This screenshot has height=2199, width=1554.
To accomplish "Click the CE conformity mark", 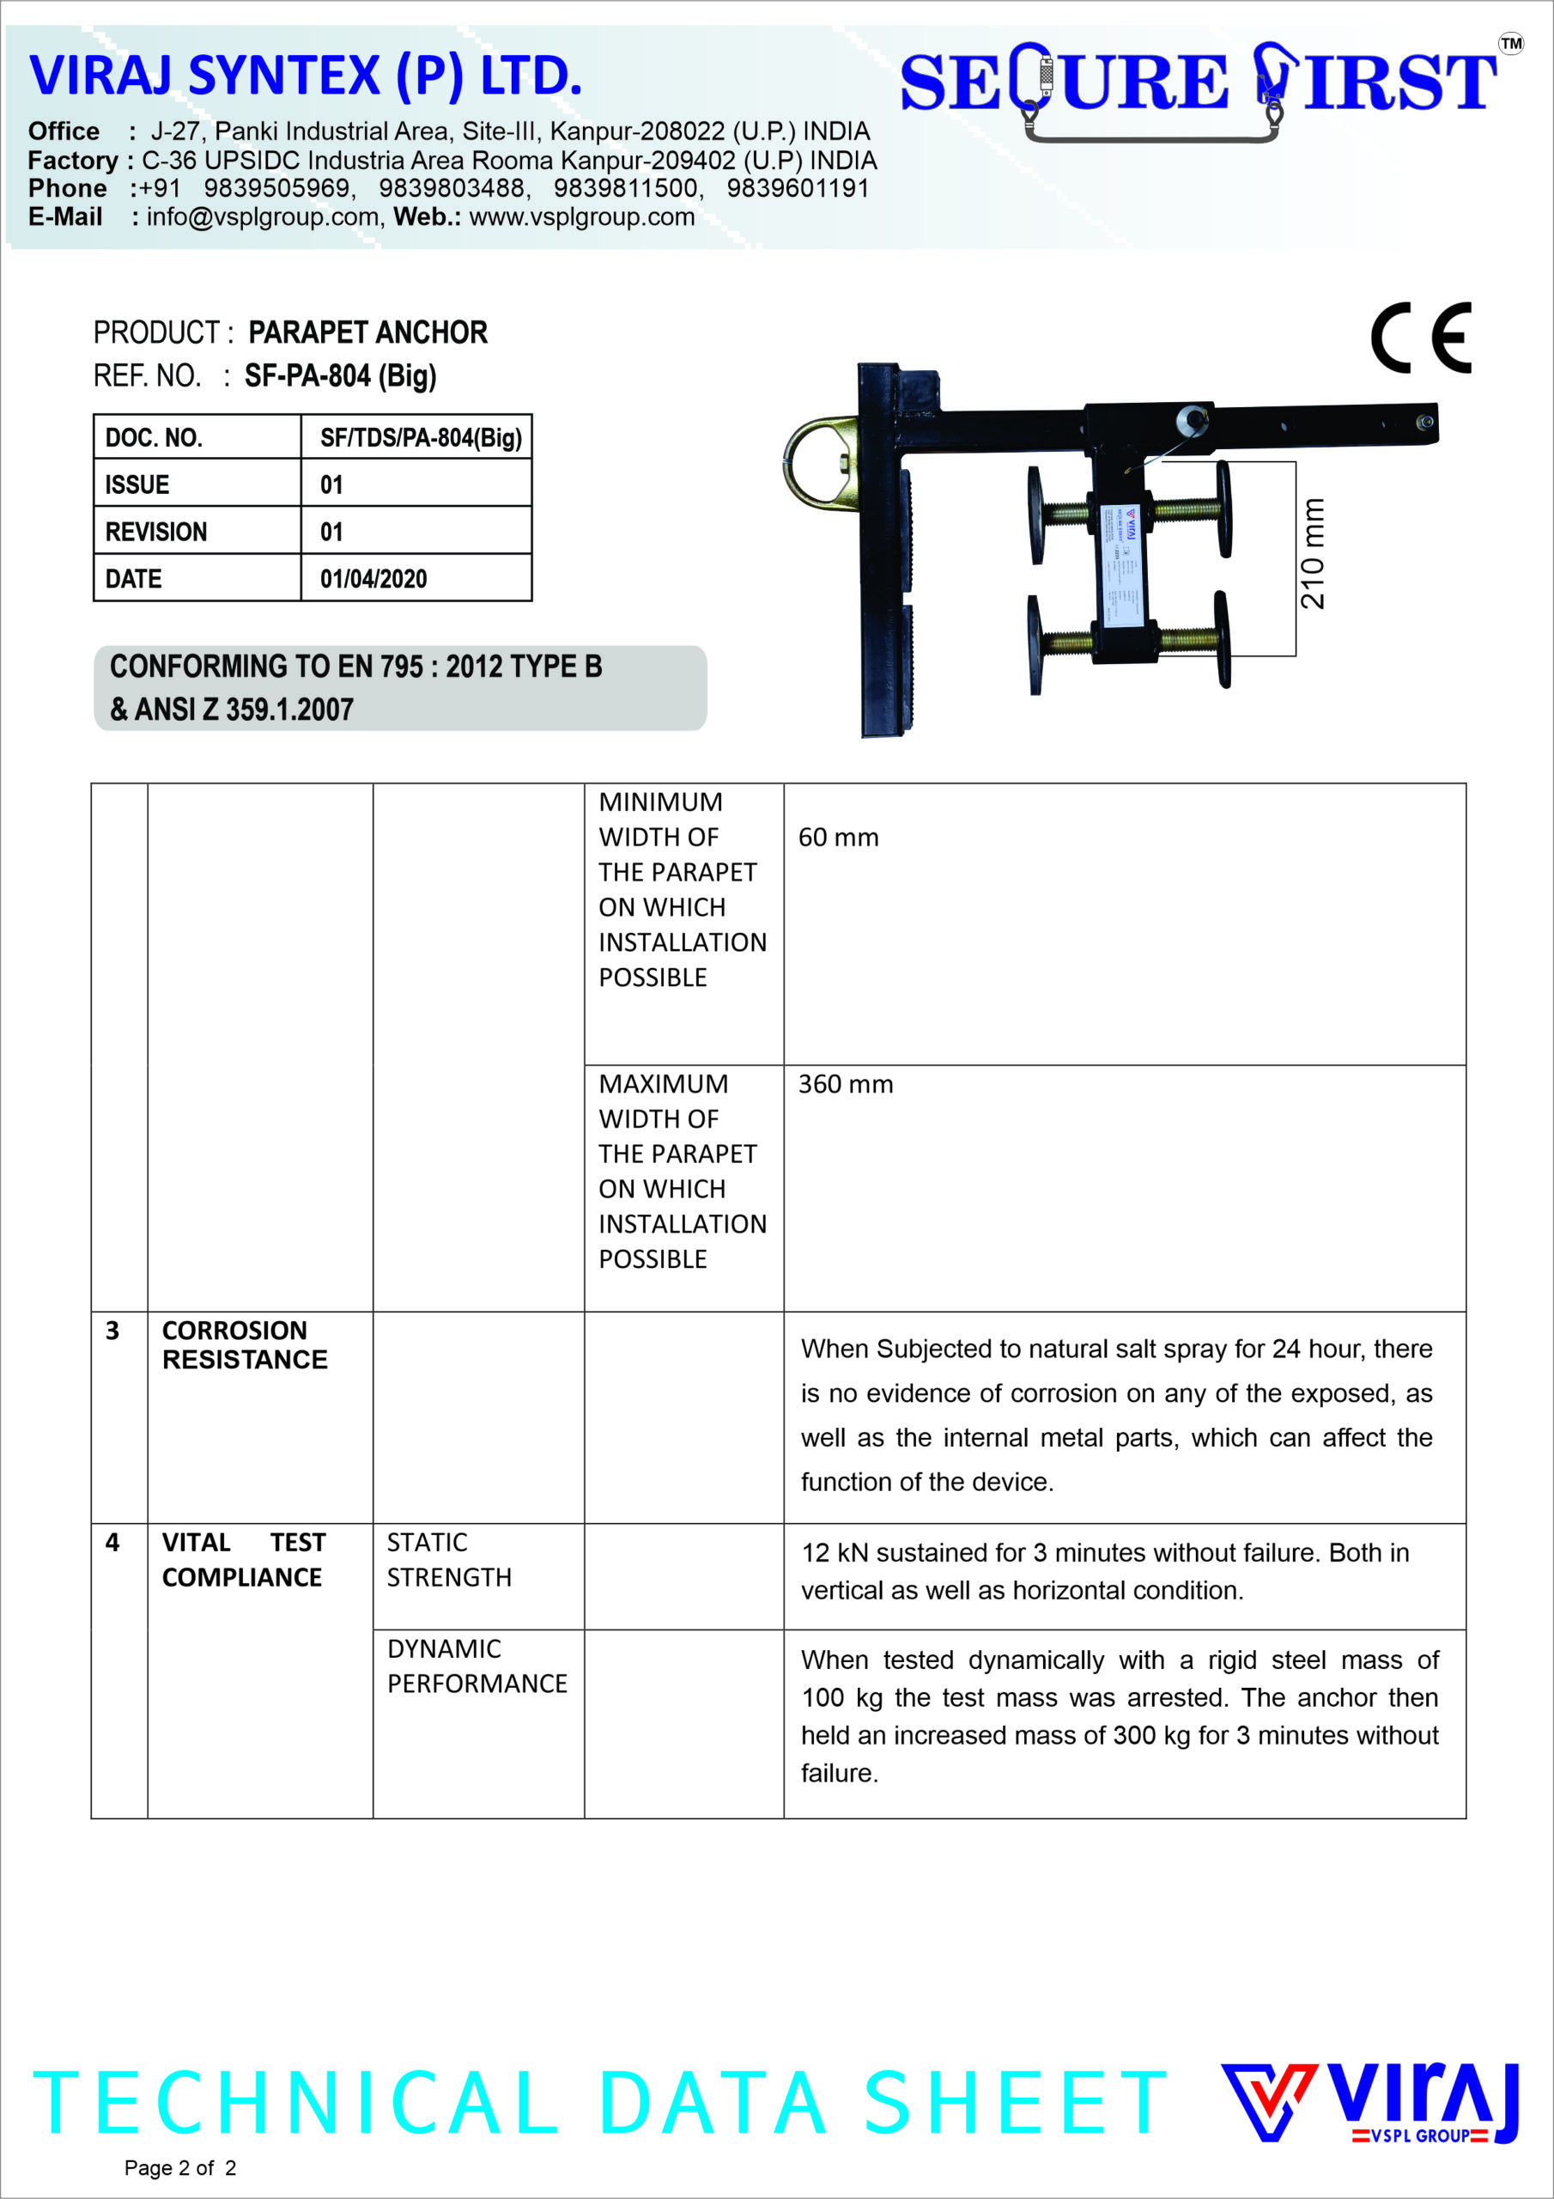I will (x=1420, y=338).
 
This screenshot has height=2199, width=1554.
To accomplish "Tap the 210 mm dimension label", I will (x=1313, y=553).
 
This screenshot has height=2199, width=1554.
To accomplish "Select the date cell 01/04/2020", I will (x=373, y=578).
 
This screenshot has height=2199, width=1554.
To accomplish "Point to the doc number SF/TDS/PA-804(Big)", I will (x=421, y=438).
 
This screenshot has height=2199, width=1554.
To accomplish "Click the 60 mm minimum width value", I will (x=838, y=837).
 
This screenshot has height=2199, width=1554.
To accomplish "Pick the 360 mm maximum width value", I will (x=846, y=1084).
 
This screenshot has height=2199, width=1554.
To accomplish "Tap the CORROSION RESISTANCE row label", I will (x=244, y=1344).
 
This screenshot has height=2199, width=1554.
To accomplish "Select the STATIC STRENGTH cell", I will (x=448, y=1559).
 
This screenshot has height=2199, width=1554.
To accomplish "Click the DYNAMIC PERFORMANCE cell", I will (x=476, y=1666).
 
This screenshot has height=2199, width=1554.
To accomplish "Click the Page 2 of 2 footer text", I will (x=180, y=2167).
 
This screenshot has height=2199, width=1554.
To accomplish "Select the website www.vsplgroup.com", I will (x=581, y=217).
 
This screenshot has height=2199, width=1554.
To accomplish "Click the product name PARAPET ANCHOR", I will (x=367, y=332).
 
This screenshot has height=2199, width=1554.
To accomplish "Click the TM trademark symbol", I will (x=1510, y=43).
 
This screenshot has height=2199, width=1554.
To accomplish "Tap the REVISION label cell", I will (x=156, y=532).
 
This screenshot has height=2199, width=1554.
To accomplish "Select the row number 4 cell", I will (x=113, y=1542).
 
